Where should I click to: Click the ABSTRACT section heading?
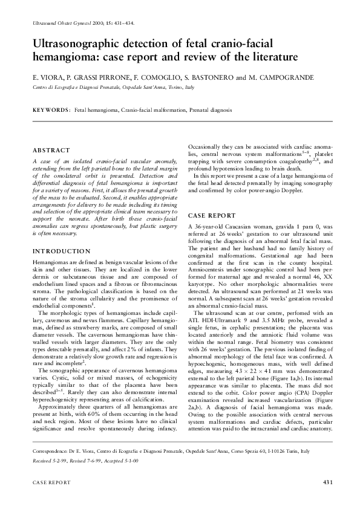[x=51, y=150]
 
